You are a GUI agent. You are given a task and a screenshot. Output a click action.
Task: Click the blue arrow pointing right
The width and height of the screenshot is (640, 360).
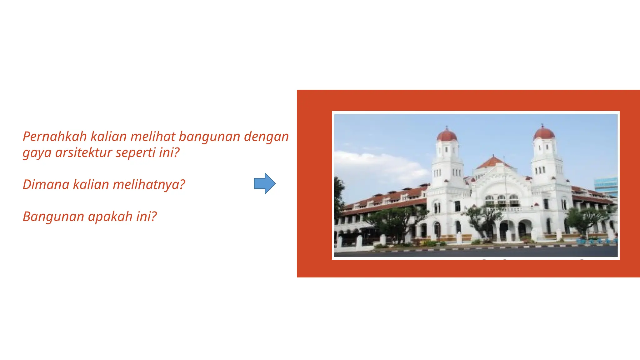coord(265,183)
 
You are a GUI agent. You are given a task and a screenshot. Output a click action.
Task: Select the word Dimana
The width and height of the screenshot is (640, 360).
coord(46,184)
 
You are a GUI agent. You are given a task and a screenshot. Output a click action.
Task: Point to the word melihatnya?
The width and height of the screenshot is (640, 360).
coord(149,185)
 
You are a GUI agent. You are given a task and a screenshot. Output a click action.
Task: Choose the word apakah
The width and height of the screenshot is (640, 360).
coord(110,217)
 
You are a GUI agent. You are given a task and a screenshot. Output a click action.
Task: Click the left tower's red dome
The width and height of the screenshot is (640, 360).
coord(447,136)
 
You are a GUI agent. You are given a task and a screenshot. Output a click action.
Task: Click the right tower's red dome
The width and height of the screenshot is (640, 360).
coord(544,133)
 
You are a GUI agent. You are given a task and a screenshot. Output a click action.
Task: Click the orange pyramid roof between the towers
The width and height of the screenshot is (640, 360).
coord(493,162)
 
